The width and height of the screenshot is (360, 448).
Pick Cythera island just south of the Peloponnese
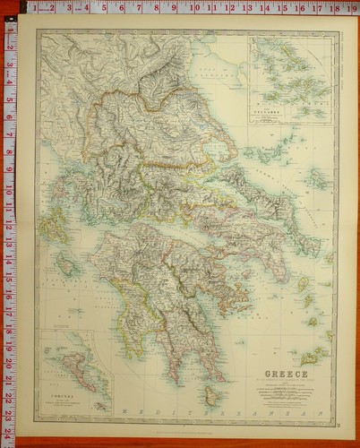click(x=211, y=394)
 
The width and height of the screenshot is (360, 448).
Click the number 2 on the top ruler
click(x=41, y=7)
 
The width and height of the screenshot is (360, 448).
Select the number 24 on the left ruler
click(x=9, y=434)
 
